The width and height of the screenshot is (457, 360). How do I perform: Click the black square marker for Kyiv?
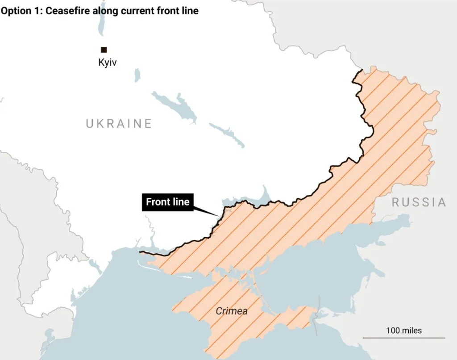pyautogui.click(x=104, y=50)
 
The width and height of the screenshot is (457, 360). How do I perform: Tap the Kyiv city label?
pyautogui.click(x=107, y=63)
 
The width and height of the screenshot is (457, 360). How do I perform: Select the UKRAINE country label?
pyautogui.click(x=119, y=123)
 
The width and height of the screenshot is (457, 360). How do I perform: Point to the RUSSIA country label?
pyautogui.click(x=419, y=202)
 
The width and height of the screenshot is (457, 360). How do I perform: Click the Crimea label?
pyautogui.click(x=232, y=311)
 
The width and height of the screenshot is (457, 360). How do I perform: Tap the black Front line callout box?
pyautogui.click(x=168, y=202)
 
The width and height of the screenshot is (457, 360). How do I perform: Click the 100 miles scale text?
pyautogui.click(x=403, y=331)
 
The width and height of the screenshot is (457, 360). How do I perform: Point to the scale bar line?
pyautogui.click(x=403, y=338)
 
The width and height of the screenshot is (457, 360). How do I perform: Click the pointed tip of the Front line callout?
pyautogui.click(x=219, y=217)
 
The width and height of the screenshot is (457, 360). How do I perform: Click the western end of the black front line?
pyautogui.click(x=141, y=252)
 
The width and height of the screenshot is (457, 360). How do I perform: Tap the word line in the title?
pyautogui.click(x=190, y=11)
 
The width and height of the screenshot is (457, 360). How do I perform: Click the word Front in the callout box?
pyautogui.click(x=158, y=202)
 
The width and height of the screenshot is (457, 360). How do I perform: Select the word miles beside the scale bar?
pyautogui.click(x=411, y=331)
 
